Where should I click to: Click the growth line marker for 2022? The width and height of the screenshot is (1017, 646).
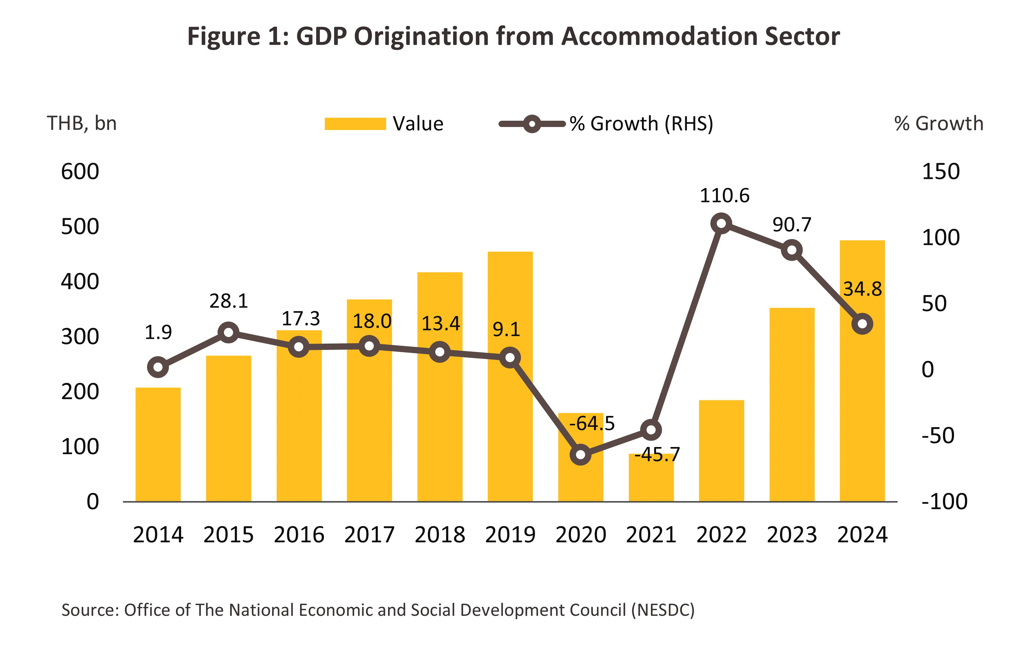[721, 224]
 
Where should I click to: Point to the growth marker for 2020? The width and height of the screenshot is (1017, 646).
[580, 455]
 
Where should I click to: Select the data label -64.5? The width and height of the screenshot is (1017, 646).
[592, 423]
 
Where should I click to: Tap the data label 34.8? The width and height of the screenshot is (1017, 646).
[862, 289]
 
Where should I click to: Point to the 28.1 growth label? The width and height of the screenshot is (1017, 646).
[229, 301]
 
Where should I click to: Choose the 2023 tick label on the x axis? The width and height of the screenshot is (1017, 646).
[792, 535]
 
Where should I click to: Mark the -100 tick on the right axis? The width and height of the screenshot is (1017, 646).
[944, 502]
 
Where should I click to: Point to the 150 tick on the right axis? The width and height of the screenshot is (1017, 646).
[940, 172]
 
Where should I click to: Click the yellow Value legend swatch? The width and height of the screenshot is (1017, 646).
[355, 124]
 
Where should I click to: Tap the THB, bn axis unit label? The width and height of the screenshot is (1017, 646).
[82, 123]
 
